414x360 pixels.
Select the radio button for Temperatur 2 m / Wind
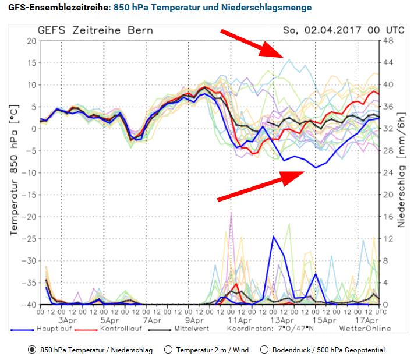[x=169, y=350]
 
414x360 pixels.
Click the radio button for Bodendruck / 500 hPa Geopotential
[x=265, y=350]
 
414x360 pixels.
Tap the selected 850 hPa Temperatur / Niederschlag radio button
[x=32, y=350]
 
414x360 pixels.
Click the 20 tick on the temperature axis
[x=30, y=41]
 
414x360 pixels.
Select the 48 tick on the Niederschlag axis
[x=385, y=41]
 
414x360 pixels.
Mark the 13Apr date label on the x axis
[x=281, y=320]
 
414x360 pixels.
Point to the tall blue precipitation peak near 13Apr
[x=273, y=237]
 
